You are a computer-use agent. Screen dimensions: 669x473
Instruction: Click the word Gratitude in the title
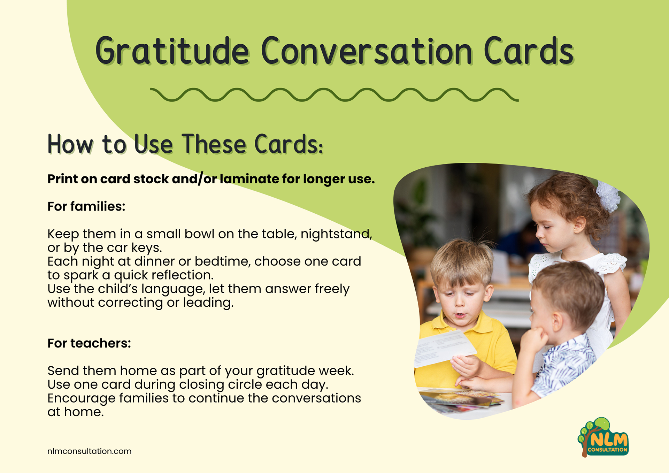172,51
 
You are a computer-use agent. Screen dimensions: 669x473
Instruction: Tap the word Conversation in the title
367,51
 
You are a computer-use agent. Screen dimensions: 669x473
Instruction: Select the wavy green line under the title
334,95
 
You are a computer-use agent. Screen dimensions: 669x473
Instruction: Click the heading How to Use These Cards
185,144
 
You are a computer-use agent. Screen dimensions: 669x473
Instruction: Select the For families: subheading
86,206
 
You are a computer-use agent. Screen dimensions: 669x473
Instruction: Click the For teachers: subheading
89,343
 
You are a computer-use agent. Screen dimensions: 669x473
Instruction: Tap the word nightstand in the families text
336,234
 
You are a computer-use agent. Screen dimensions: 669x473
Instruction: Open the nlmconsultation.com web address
90,451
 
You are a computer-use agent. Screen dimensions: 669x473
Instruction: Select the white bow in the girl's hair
608,196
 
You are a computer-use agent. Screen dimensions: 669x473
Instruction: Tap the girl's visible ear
579,224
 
